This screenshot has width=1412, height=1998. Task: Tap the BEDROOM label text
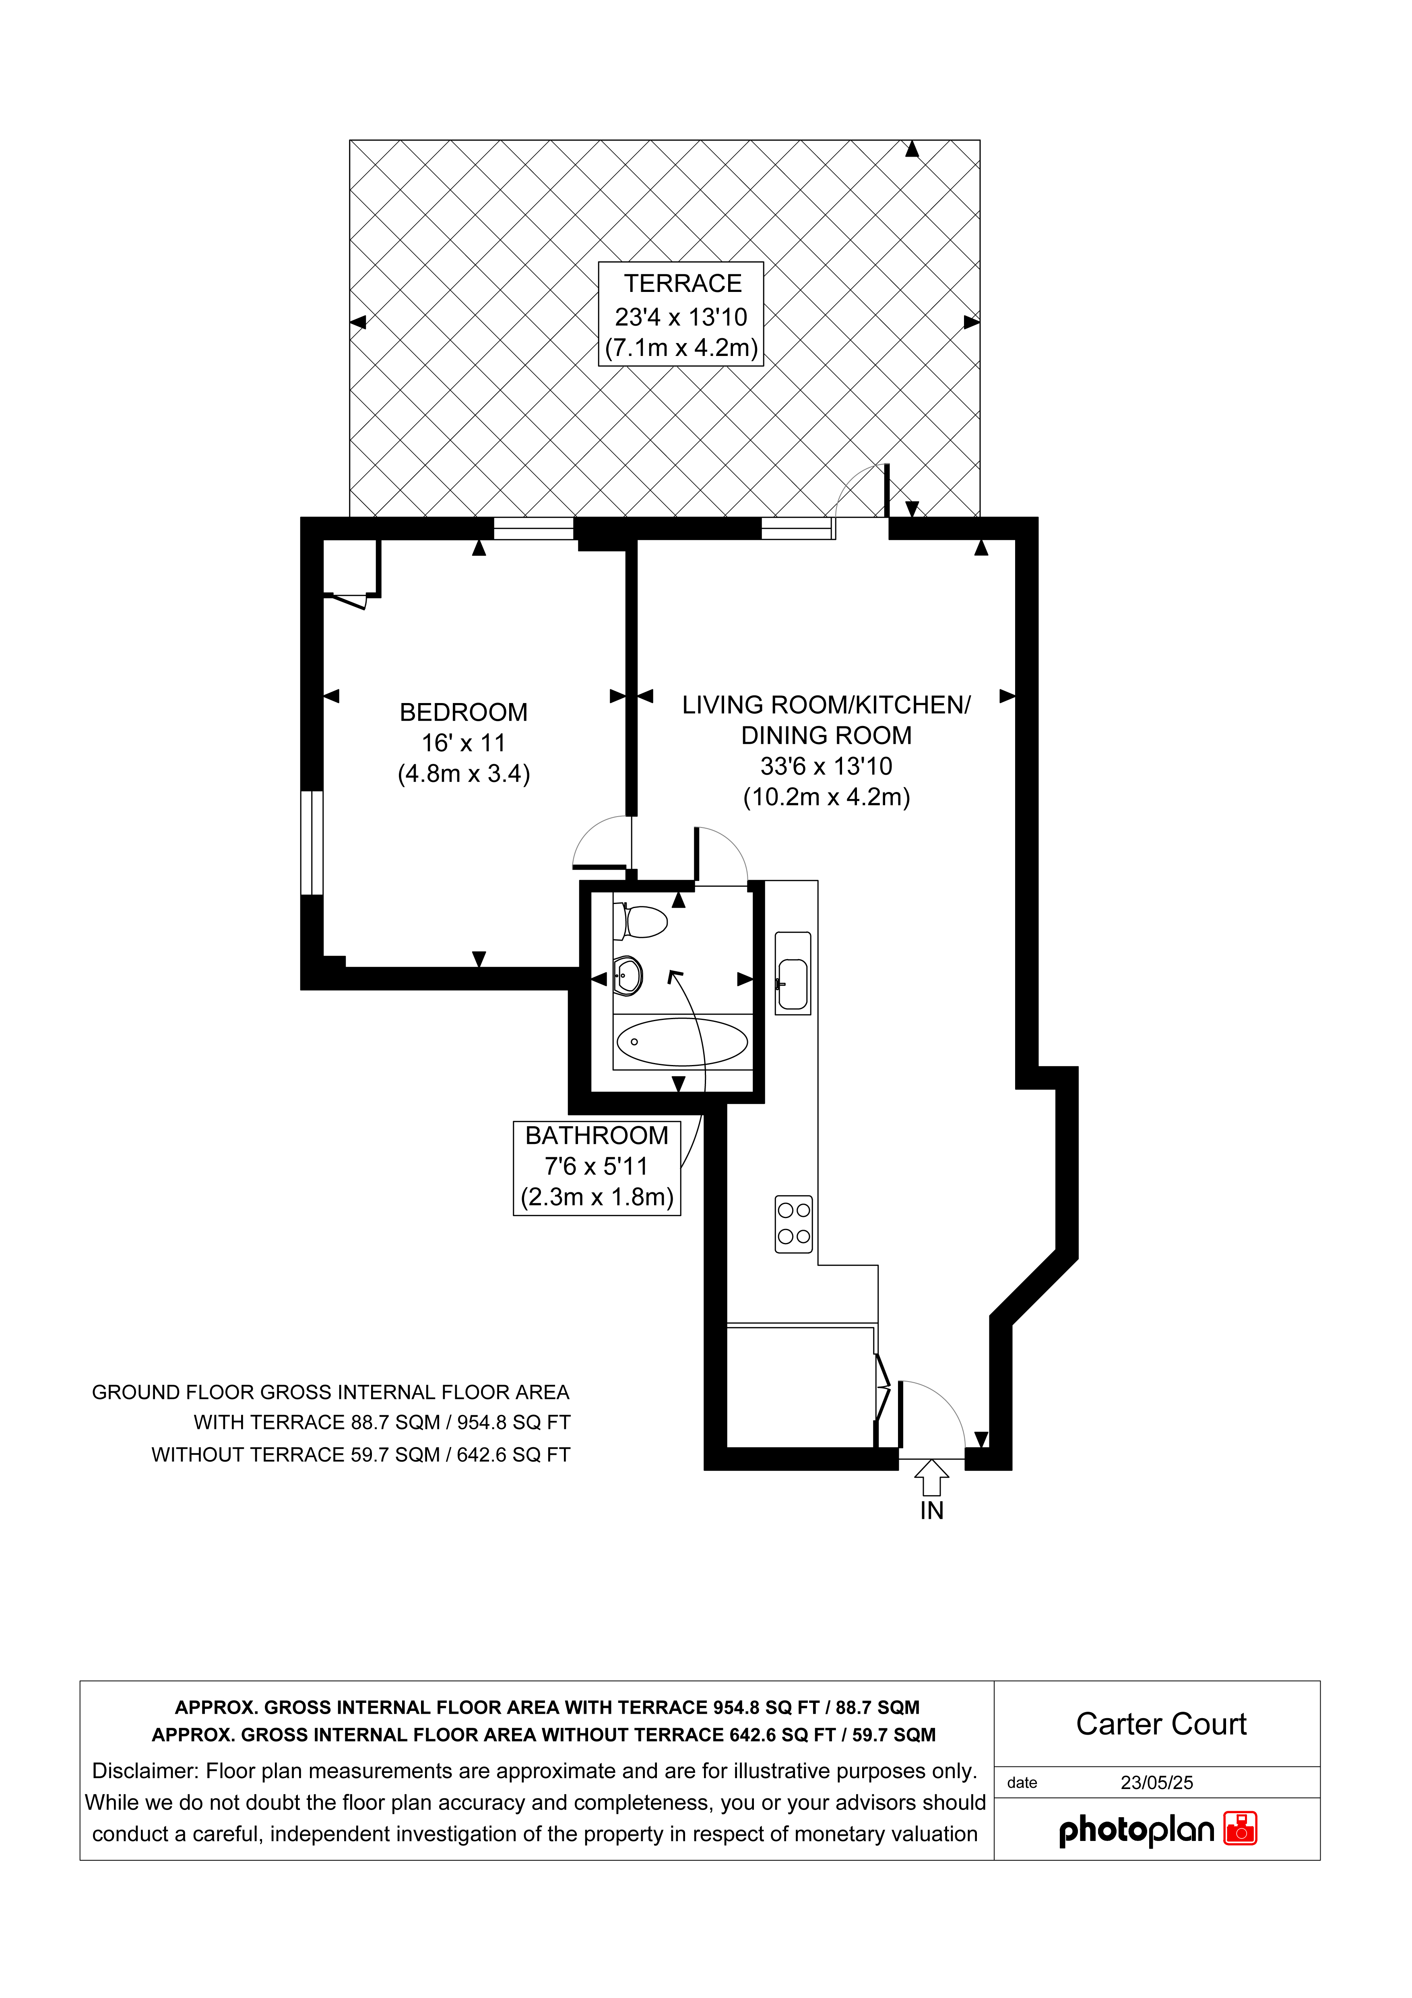pyautogui.click(x=464, y=713)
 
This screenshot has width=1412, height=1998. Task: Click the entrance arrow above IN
pyautogui.click(x=932, y=1478)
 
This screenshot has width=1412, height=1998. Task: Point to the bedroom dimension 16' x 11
pyautogui.click(x=464, y=743)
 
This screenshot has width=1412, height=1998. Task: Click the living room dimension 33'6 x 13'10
pyautogui.click(x=826, y=767)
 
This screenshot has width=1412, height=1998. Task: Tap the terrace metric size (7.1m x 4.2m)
pyautogui.click(x=682, y=348)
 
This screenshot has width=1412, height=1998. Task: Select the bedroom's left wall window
pyautogui.click(x=312, y=842)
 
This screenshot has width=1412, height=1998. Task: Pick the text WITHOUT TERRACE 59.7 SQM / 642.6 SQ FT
pyautogui.click(x=361, y=1455)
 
